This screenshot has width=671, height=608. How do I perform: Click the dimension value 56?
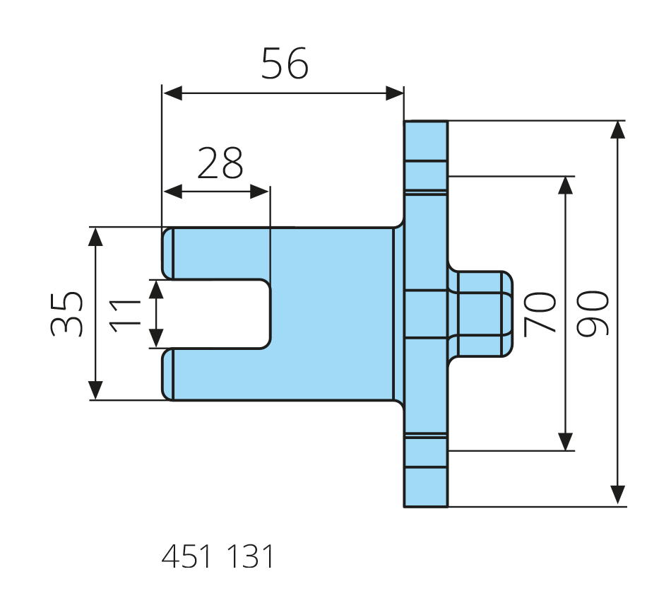click(x=285, y=64)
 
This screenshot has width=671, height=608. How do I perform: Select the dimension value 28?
click(x=220, y=163)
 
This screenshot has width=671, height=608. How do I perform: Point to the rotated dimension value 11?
click(x=125, y=316)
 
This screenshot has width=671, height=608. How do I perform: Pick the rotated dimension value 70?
click(x=540, y=314)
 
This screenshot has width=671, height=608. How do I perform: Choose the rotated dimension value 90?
click(x=593, y=313)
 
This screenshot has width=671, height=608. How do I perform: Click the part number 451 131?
click(x=218, y=556)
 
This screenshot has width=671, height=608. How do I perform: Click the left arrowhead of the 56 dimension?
click(x=172, y=93)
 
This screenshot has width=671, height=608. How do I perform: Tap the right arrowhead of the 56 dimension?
click(x=395, y=93)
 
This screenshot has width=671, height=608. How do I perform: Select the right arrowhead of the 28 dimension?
click(x=259, y=192)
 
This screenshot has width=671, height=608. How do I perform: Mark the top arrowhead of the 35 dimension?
click(x=95, y=237)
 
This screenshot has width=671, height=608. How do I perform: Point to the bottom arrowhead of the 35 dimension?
click(x=95, y=390)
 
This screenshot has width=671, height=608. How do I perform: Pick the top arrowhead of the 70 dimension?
click(x=566, y=185)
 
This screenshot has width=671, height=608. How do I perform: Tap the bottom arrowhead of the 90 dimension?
click(x=617, y=496)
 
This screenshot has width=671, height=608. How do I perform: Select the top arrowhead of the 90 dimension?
click(x=617, y=130)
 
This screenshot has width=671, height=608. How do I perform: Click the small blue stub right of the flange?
click(x=480, y=314)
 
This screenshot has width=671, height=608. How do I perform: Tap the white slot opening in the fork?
click(x=221, y=314)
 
